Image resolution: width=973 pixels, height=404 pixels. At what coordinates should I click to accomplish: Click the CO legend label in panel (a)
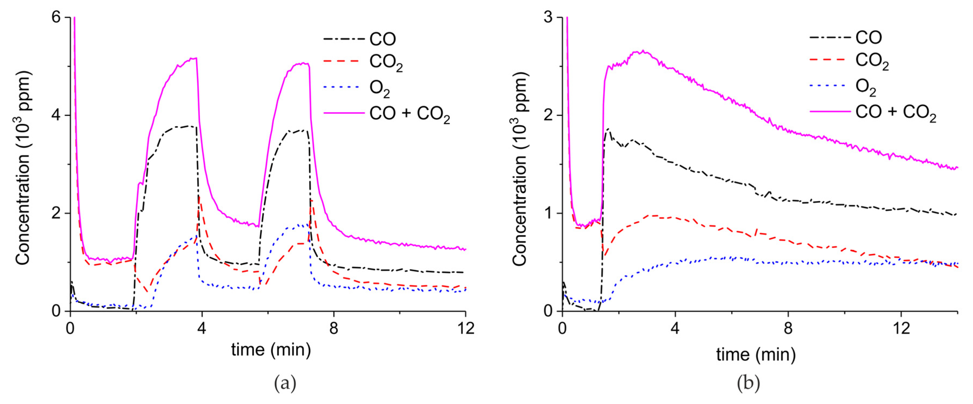[382, 39]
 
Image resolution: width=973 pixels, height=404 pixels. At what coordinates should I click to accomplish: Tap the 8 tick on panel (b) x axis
[788, 328]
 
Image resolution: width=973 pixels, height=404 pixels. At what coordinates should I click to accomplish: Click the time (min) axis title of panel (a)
[271, 350]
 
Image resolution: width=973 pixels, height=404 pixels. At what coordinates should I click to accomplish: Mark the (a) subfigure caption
[285, 383]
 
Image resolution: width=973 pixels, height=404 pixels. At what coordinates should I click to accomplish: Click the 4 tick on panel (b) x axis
[675, 328]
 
